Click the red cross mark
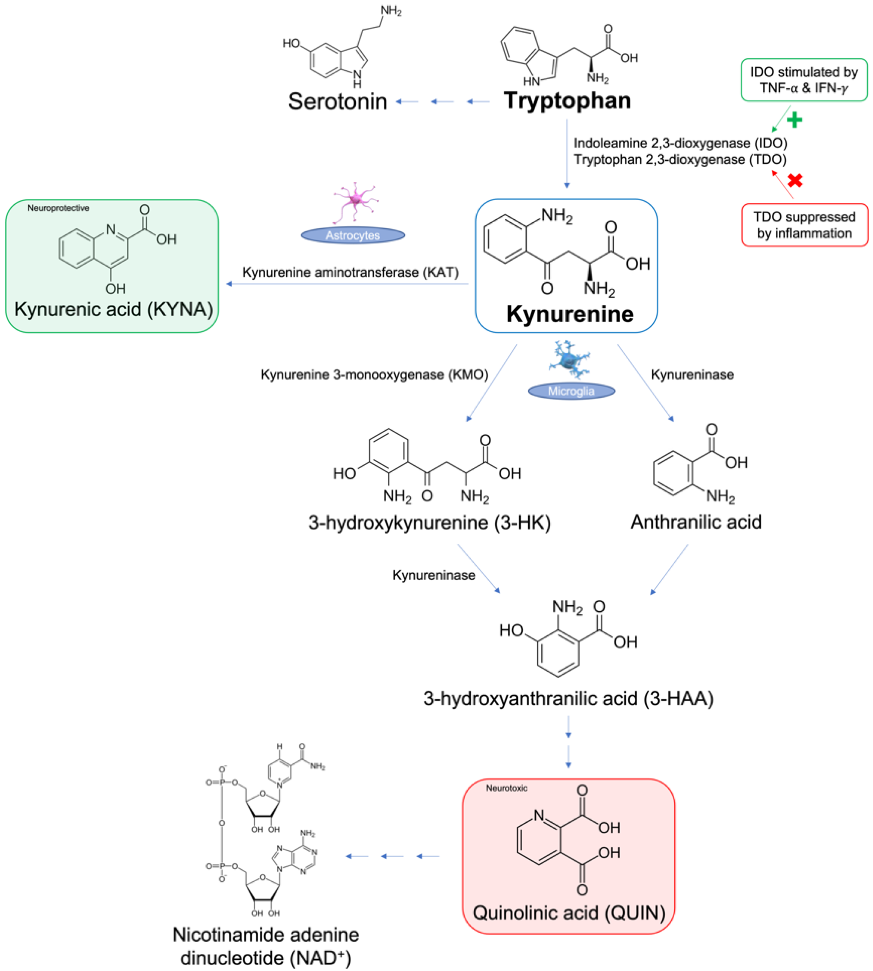795,180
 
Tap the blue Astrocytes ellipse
353,235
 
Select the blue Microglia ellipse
571,391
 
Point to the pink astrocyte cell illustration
355,201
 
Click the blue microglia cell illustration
570,360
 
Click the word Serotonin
337,102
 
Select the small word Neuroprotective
58,208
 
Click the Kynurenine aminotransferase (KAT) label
350,272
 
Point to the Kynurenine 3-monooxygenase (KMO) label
374,374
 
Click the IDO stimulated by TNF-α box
804,80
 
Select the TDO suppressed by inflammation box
804,225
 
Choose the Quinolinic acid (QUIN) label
568,912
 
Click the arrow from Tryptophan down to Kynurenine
567,154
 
